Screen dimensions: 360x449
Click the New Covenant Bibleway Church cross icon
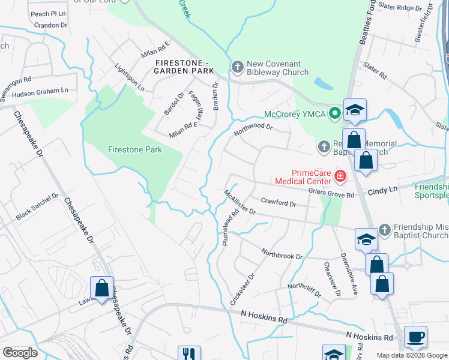pos(237,67)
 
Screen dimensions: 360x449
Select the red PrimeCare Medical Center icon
pos(340,176)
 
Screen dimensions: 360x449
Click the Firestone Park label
pos(135,149)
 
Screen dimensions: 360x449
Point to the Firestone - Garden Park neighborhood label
pos(184,67)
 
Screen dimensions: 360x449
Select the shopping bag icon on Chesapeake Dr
pos(102,287)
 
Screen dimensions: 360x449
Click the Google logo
pos(20,353)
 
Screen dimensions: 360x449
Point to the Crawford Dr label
pos(279,204)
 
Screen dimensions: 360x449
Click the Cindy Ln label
pos(382,190)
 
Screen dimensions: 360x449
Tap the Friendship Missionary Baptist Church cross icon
pos(385,229)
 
